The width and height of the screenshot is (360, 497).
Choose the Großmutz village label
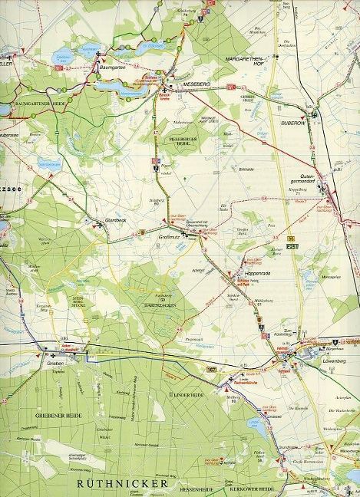pos(169,237)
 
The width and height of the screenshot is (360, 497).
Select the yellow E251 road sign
pos(292,248)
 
